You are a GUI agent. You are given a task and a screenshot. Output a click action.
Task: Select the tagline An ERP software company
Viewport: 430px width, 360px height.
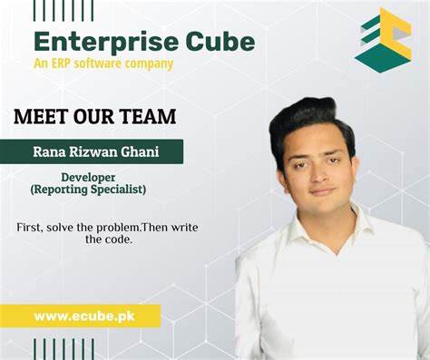coord(103,63)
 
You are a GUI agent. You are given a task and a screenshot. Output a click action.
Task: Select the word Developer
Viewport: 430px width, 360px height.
coord(87,177)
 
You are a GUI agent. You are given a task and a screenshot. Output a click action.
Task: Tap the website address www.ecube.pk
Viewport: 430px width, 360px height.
coord(80,316)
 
